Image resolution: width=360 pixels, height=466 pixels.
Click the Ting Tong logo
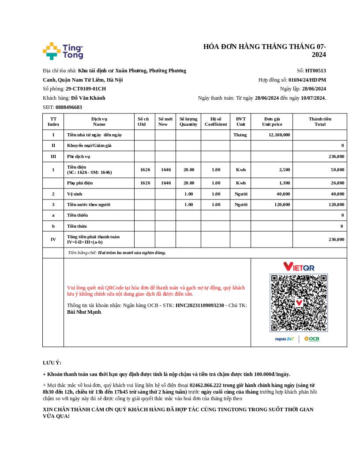pyautogui.click(x=63, y=51)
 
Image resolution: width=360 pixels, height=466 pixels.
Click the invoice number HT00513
pyautogui.click(x=315, y=71)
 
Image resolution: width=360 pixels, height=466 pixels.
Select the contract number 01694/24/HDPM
pyautogui.click(x=307, y=80)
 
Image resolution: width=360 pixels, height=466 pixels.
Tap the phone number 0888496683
pyautogui.click(x=69, y=107)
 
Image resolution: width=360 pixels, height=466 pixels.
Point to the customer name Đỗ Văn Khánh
pyautogui.click(x=88, y=98)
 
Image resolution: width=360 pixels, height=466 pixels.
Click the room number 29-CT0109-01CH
pyautogui.click(x=86, y=89)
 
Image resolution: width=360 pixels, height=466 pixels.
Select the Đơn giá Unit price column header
pyautogui.click(x=272, y=121)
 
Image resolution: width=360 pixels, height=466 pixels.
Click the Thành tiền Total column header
pyautogui.click(x=320, y=121)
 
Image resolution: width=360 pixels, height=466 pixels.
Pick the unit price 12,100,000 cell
pyautogui.click(x=279, y=135)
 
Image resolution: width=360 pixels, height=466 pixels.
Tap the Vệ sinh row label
pyautogui.click(x=75, y=194)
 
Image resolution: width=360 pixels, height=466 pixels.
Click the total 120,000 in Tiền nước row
pyautogui.click(x=337, y=204)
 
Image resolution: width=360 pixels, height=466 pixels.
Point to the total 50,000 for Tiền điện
pyautogui.click(x=337, y=169)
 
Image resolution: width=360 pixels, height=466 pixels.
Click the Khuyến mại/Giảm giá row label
pyautogui.click(x=89, y=145)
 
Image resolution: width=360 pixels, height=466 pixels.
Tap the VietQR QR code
pyautogui.click(x=299, y=303)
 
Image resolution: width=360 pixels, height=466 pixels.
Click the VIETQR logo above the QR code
pyautogui.click(x=299, y=267)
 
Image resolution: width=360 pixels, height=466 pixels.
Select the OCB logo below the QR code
pyautogui.click(x=311, y=339)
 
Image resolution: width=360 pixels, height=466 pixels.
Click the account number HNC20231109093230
pyautogui.click(x=200, y=305)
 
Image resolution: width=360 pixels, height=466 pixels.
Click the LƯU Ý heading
pyautogui.click(x=52, y=363)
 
